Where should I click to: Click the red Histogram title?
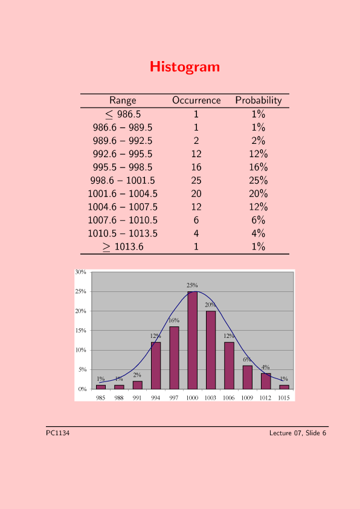click(185, 67)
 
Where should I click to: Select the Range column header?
click(123, 100)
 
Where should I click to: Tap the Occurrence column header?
click(196, 100)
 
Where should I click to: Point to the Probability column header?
click(259, 100)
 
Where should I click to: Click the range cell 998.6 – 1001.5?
click(123, 181)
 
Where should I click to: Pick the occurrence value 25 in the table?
click(196, 181)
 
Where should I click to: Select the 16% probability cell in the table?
click(259, 167)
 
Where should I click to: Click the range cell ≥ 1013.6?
click(123, 247)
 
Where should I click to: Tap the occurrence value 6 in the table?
click(196, 221)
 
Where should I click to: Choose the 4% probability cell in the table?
click(259, 234)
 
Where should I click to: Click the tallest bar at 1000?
click(192, 340)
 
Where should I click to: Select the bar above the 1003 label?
click(211, 350)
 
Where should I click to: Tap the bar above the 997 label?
click(174, 358)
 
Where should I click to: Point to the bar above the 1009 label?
click(248, 377)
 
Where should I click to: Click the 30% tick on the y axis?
click(81, 272)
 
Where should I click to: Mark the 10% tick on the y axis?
click(81, 350)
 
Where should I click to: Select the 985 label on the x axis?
click(100, 398)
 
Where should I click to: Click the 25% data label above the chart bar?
click(192, 285)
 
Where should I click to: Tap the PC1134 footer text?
click(58, 433)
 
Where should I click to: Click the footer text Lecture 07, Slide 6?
click(298, 433)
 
